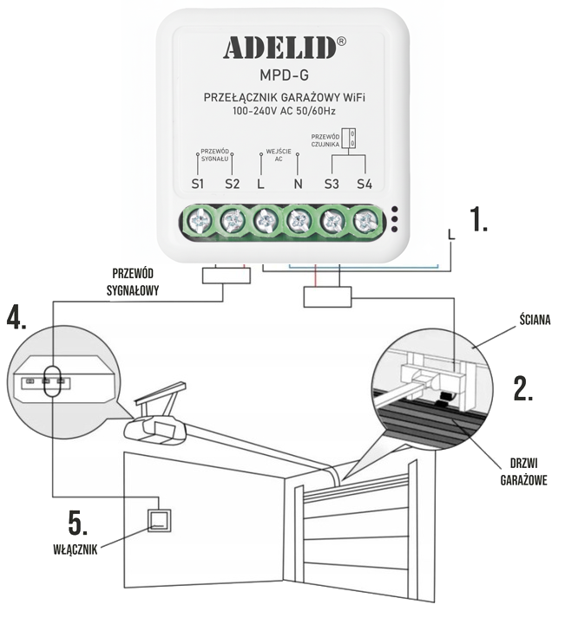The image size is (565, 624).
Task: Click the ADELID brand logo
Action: point(279,48)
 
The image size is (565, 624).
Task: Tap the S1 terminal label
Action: point(198,184)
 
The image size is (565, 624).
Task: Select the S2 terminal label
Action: point(232,184)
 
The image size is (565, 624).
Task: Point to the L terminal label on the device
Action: point(261,184)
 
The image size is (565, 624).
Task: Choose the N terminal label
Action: point(298,184)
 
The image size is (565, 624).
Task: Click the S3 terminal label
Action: point(331,184)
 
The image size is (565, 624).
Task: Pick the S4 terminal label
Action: point(364,184)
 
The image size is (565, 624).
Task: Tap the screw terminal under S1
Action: point(199,219)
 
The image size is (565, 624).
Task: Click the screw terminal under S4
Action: point(365,219)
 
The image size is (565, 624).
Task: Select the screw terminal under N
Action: point(299,219)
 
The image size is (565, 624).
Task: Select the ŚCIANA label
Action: point(532,319)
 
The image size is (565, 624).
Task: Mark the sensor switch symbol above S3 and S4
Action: point(350,139)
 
